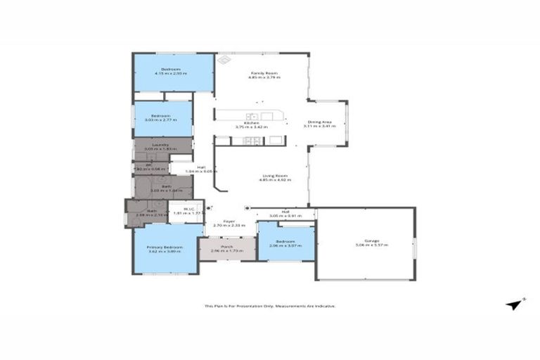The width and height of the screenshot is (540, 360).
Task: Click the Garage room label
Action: point(365,240)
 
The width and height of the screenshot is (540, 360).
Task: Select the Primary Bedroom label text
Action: point(165,247)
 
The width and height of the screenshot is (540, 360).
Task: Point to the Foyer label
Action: point(229,221)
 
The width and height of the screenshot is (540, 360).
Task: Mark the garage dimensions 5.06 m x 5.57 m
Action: point(366,245)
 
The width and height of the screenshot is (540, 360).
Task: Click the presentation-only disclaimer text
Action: point(270,306)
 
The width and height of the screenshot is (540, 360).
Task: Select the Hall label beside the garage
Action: point(286,211)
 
